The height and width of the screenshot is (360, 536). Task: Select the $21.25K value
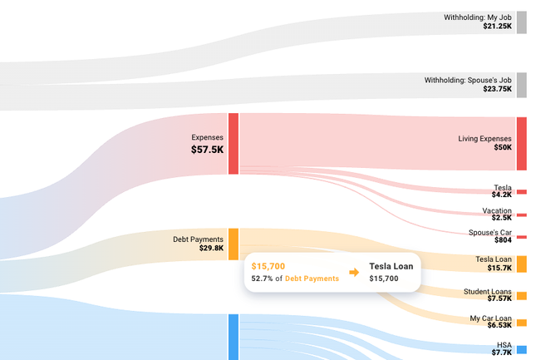(x=497, y=27)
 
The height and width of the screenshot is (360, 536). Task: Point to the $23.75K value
(x=497, y=89)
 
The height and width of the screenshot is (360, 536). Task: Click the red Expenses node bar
(x=234, y=144)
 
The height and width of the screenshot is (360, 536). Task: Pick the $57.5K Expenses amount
(x=207, y=150)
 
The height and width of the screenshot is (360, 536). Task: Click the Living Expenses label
(x=485, y=138)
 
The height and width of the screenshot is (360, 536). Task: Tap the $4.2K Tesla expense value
(x=501, y=195)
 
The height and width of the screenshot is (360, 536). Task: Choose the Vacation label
(x=497, y=211)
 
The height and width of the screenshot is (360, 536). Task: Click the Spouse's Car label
(x=490, y=231)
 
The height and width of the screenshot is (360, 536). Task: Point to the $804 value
(x=504, y=239)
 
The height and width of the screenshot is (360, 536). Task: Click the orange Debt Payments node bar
(x=234, y=243)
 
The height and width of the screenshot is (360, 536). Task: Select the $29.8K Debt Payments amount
(x=211, y=248)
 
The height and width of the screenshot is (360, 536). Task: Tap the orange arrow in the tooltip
(x=353, y=273)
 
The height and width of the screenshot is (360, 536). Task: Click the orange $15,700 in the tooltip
(x=268, y=266)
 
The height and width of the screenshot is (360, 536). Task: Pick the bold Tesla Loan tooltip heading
(x=391, y=266)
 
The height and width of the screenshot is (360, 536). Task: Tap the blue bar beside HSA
(x=521, y=349)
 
